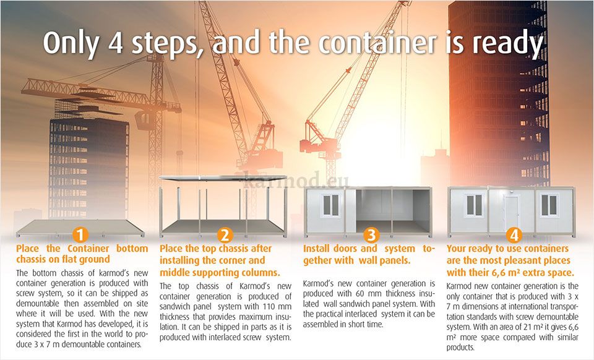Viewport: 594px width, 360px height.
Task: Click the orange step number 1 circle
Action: (80, 234)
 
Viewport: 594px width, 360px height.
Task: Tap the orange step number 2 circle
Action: (225, 234)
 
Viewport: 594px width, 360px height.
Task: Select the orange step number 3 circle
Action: (371, 234)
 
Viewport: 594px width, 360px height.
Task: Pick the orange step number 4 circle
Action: (514, 234)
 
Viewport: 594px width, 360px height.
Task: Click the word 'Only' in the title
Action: (71, 43)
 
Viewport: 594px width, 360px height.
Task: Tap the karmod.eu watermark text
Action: (296, 181)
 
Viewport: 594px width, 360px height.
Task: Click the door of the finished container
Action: (512, 213)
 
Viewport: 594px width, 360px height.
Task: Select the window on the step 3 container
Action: (330, 205)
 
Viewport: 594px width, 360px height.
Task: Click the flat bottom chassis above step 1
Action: (80, 228)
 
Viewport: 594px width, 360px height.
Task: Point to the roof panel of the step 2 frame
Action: (223, 178)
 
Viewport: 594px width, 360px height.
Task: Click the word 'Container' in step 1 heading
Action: (88, 249)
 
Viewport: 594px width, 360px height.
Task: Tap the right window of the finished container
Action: (549, 205)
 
